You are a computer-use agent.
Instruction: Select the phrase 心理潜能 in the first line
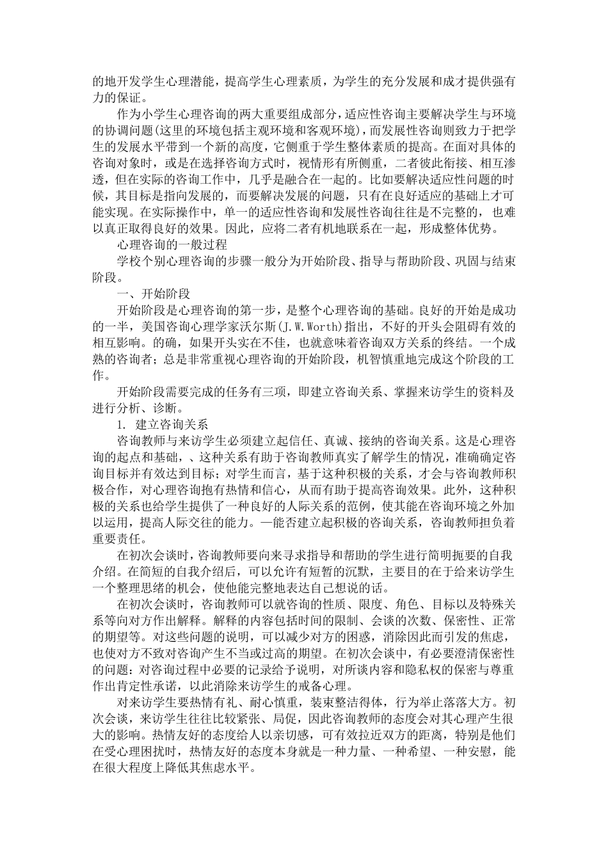189,83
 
